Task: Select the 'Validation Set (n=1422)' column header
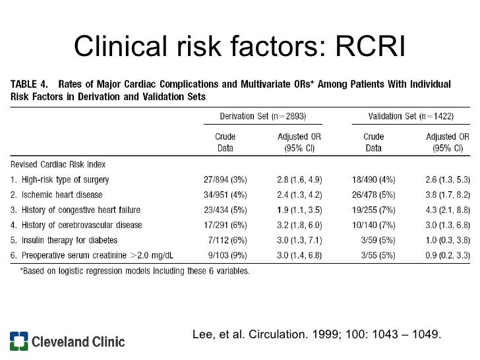pyautogui.click(x=411, y=115)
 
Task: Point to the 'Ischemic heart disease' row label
pyautogui.click(x=55, y=195)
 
